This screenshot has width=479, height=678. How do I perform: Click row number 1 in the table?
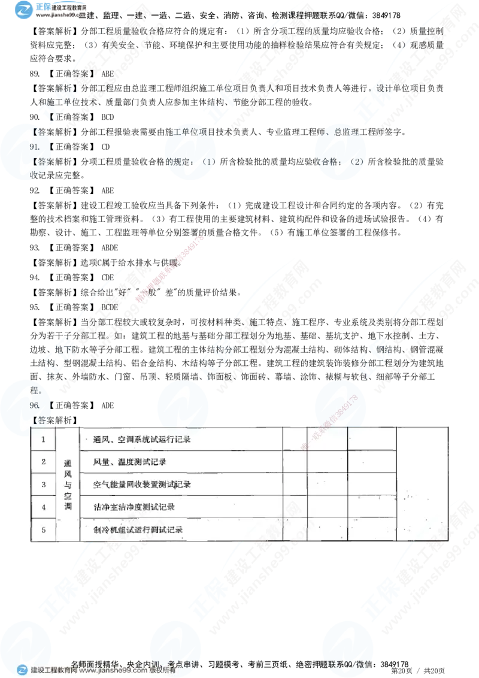[x=43, y=440]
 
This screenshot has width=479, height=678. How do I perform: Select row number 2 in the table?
[x=43, y=462]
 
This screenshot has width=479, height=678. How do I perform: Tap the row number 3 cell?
[x=43, y=484]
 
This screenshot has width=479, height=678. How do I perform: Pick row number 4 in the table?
[x=43, y=507]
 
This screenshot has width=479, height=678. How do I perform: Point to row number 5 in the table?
[x=43, y=529]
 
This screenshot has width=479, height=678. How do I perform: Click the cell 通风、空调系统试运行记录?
[x=143, y=440]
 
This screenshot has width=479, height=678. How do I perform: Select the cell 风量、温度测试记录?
[x=130, y=462]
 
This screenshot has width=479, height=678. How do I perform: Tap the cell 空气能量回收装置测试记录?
[x=143, y=484]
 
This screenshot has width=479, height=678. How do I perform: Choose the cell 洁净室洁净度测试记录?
[x=134, y=507]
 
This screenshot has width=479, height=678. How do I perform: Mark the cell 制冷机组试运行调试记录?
[x=138, y=529]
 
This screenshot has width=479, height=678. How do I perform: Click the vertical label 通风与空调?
[x=67, y=485]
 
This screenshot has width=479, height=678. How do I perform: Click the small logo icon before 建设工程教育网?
[x=22, y=671]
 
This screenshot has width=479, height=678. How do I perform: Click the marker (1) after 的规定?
[x=208, y=162]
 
